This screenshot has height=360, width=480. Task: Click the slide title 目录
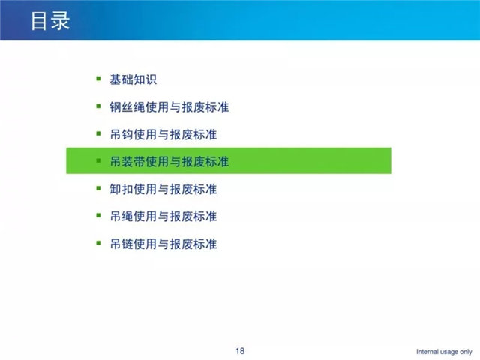pyautogui.click(x=50, y=21)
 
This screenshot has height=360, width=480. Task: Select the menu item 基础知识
pyautogui.click(x=133, y=79)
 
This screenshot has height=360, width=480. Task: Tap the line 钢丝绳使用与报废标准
pyautogui.click(x=169, y=107)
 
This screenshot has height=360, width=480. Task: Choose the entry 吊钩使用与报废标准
pyautogui.click(x=163, y=134)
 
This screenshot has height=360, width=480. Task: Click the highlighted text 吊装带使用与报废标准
pyautogui.click(x=169, y=162)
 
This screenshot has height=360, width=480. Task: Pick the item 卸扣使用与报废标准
pyautogui.click(x=163, y=189)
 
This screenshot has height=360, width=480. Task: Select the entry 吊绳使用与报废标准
pyautogui.click(x=163, y=217)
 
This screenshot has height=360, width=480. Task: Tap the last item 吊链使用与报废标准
pyautogui.click(x=163, y=244)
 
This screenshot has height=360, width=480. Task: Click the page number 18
pyautogui.click(x=240, y=351)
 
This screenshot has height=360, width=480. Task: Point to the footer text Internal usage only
pyautogui.click(x=444, y=352)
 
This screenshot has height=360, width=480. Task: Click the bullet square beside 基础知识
pyautogui.click(x=98, y=79)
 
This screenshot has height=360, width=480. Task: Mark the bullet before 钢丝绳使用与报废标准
pyautogui.click(x=98, y=106)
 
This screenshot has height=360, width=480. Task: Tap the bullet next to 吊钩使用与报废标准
pyautogui.click(x=98, y=133)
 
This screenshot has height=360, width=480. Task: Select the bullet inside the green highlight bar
pyautogui.click(x=98, y=160)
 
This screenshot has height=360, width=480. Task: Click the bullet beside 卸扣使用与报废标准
pyautogui.click(x=98, y=188)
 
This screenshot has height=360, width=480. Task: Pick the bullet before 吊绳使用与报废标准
pyautogui.click(x=98, y=215)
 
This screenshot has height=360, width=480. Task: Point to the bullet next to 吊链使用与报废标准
pyautogui.click(x=98, y=243)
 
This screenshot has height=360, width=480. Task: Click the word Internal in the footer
pyautogui.click(x=427, y=352)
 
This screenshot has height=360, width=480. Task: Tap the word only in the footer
pyautogui.click(x=466, y=352)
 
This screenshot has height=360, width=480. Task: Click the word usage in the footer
pyautogui.click(x=448, y=352)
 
